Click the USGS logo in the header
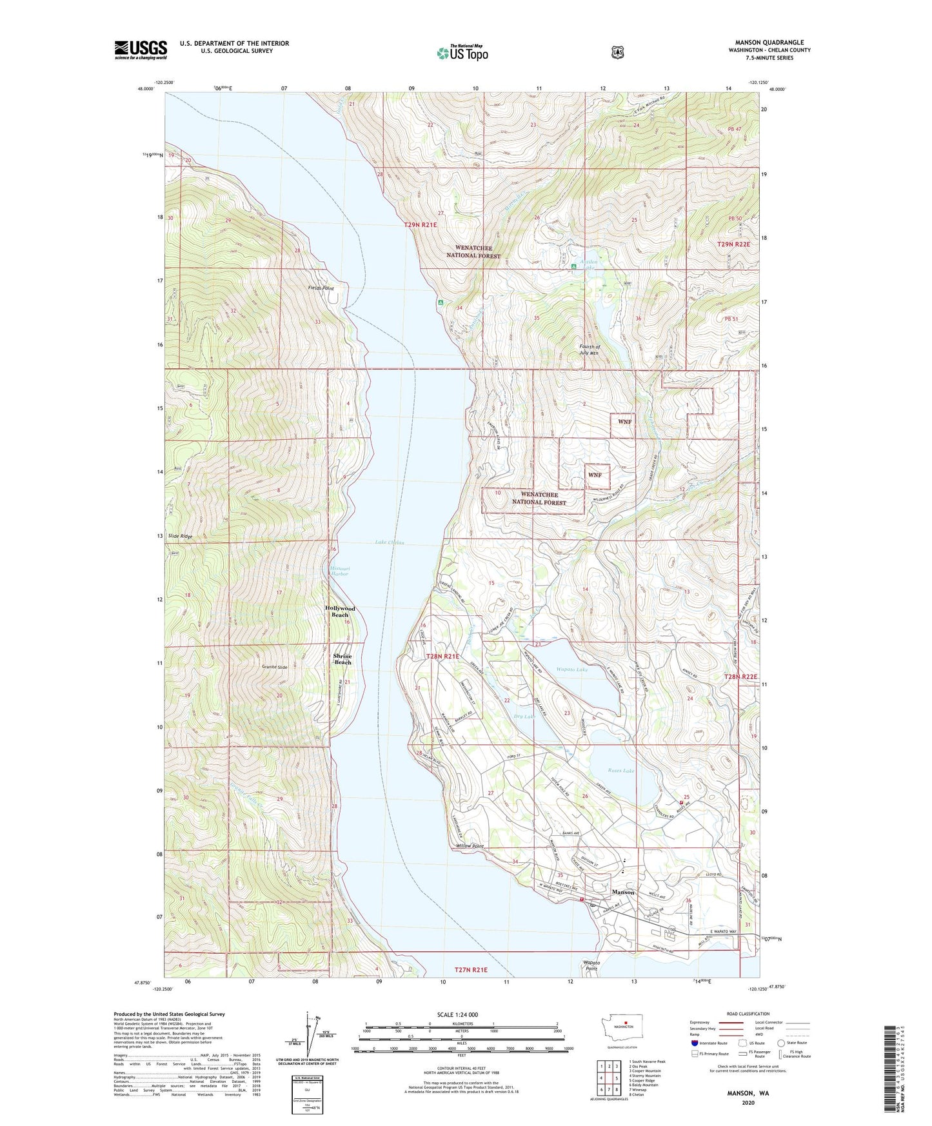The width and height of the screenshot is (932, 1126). tap(141, 50)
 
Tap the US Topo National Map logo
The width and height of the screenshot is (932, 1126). tap(462, 53)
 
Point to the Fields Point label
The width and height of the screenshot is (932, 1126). tap(321, 288)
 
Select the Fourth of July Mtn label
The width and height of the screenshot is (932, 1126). tap(589, 350)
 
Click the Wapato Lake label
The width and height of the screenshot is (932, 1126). tap(572, 669)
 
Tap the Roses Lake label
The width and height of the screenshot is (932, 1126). tap(621, 770)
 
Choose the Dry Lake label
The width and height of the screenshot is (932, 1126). tap(525, 716)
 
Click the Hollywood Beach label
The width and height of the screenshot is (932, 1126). tap(340, 611)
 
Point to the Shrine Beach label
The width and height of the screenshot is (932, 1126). tap(342, 659)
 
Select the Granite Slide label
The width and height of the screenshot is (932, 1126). tap(274, 667)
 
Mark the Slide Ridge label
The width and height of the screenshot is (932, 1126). tap(180, 536)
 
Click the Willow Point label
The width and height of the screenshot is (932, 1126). tap(470, 845)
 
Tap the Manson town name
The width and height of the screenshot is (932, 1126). tap(622, 893)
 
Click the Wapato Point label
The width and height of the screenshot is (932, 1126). tap(591, 965)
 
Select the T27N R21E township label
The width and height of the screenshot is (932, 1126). tap(471, 969)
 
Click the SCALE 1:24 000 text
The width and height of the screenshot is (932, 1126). tap(457, 1014)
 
